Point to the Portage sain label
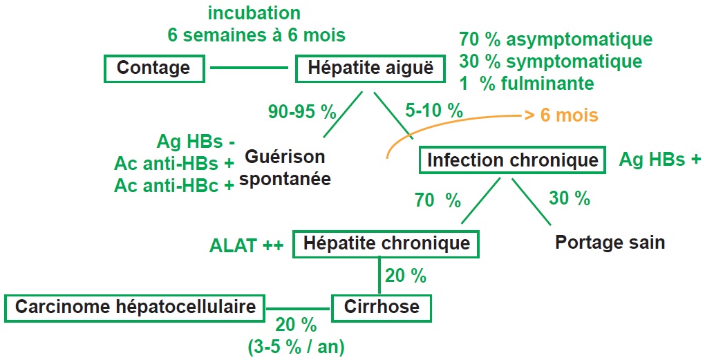610,243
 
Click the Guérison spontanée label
285,168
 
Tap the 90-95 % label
302,112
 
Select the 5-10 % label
434,110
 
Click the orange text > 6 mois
561,115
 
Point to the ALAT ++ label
246,246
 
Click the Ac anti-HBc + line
174,186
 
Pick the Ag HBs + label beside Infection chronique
659,159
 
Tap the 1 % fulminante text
527,84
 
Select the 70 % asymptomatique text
556,39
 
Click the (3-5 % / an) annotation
297,346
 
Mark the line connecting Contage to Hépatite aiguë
249,68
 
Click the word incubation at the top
254,13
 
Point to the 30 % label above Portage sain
570,198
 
